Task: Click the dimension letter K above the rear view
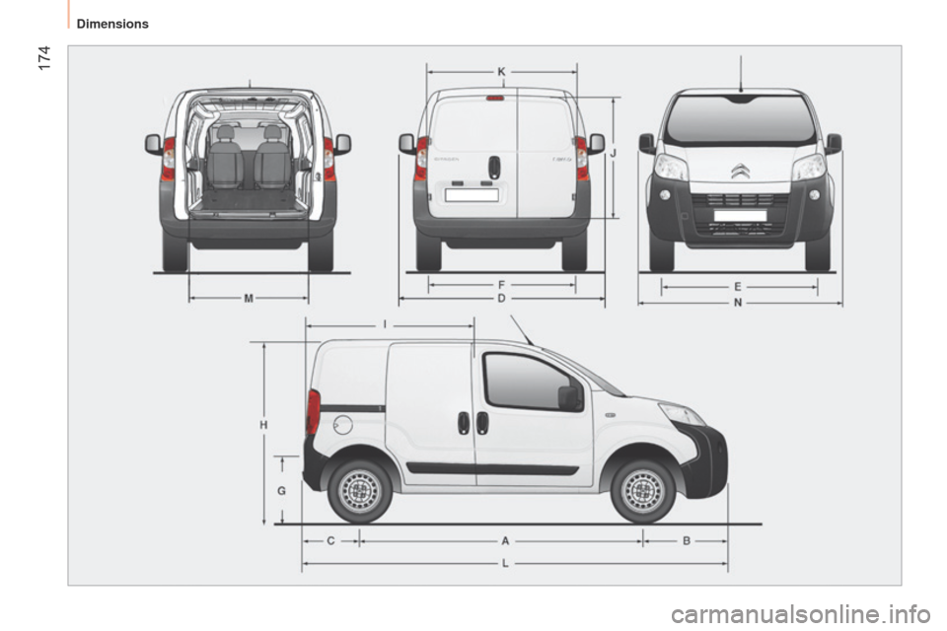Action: [502, 71]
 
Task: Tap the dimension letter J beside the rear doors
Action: [613, 154]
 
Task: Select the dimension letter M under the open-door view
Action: [248, 297]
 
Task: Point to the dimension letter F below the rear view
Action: [502, 283]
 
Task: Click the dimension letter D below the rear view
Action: [502, 297]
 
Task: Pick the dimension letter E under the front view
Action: [738, 286]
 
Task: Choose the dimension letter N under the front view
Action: [738, 303]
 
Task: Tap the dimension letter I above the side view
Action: [385, 322]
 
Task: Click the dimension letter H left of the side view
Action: [264, 423]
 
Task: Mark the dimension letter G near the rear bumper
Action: [282, 490]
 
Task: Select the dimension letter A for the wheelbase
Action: [505, 540]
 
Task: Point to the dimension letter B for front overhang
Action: [687, 540]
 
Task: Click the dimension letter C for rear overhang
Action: [330, 540]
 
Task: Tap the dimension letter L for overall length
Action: [505, 563]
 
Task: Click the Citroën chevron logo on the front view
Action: [740, 172]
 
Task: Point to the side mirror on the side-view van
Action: [569, 397]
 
